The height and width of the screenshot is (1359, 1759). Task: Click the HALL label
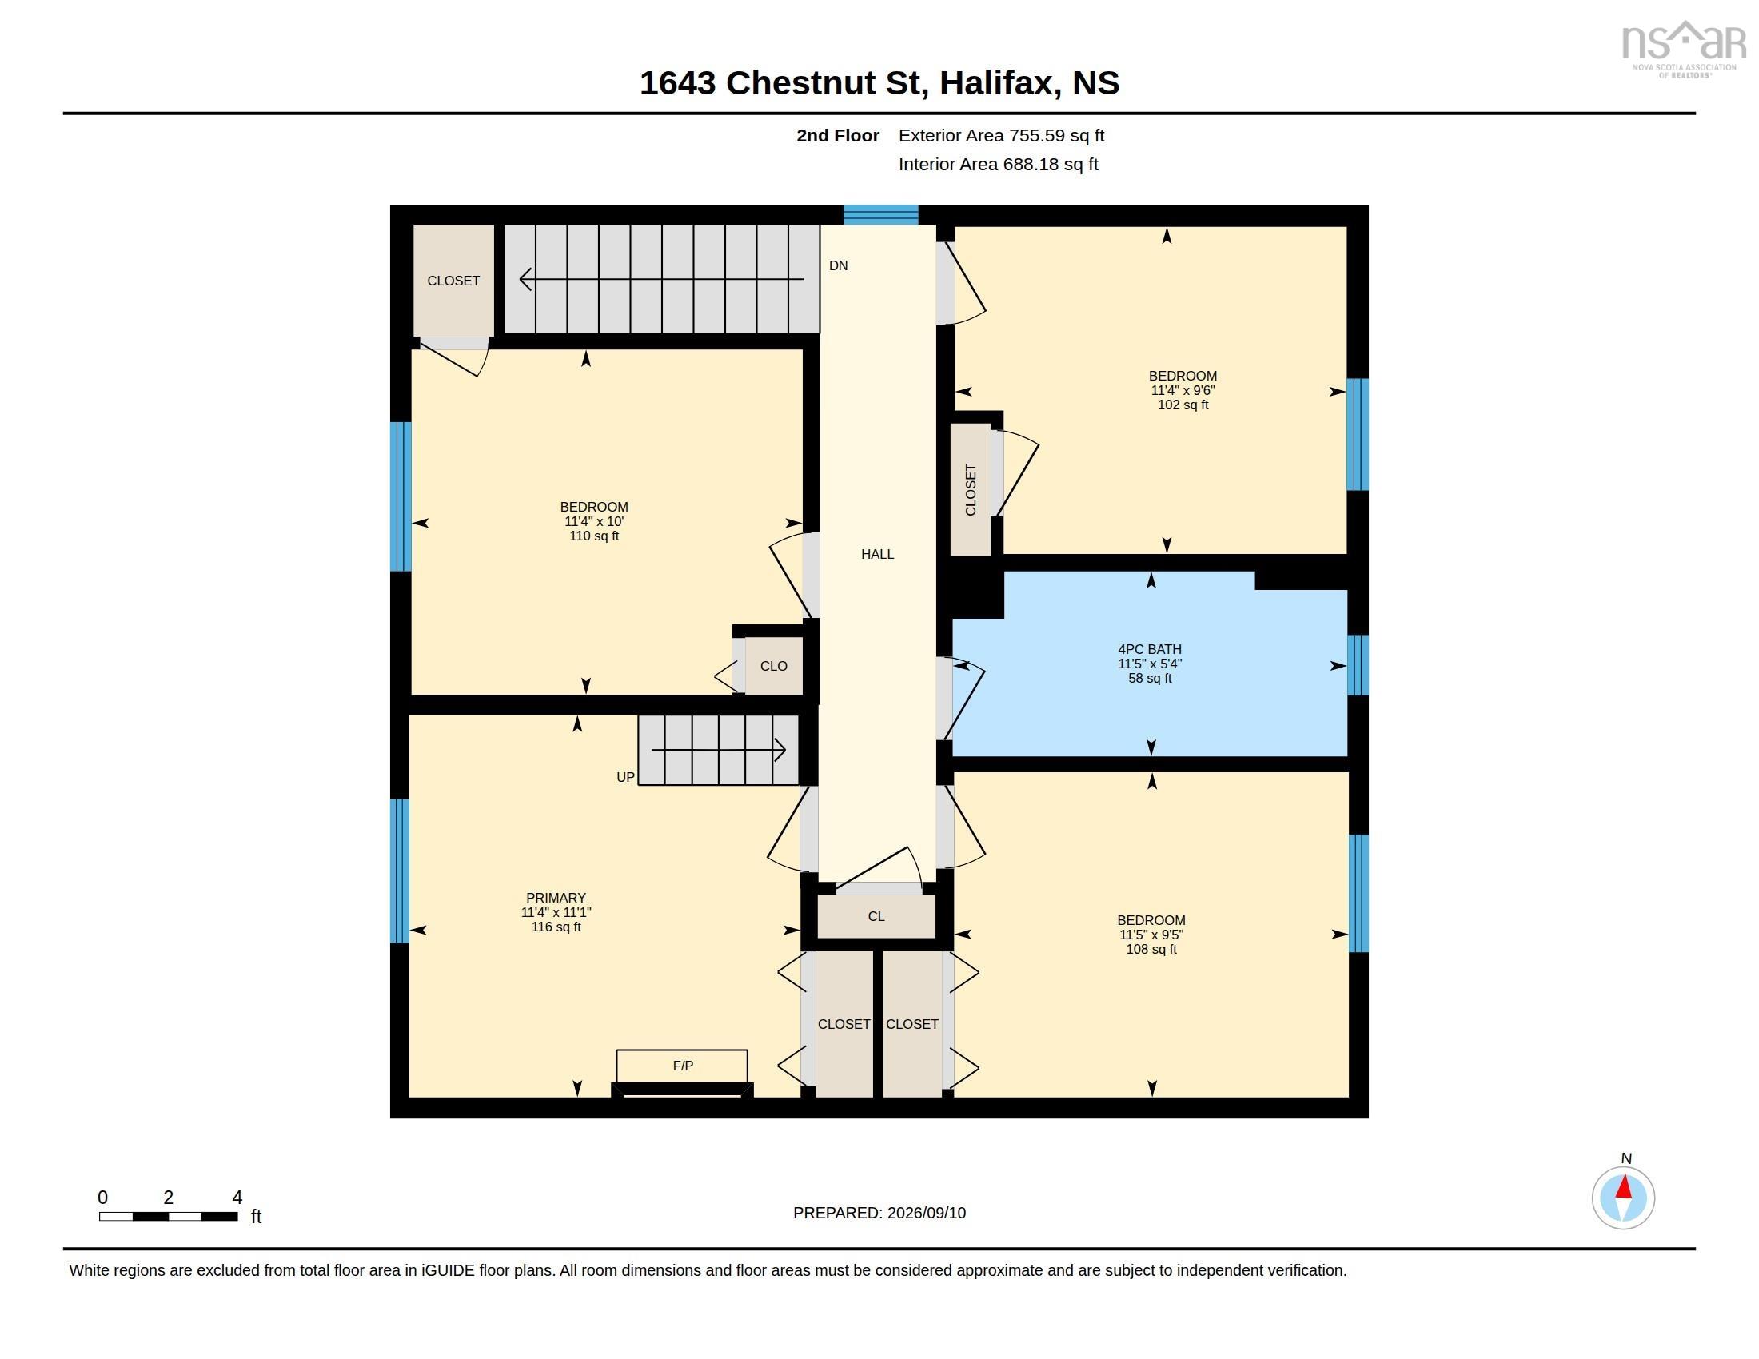click(x=877, y=554)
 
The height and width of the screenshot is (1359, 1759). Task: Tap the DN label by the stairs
click(x=839, y=265)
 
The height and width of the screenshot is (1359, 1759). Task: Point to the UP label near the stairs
click(x=626, y=777)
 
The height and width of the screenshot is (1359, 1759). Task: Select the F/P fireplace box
click(x=682, y=1066)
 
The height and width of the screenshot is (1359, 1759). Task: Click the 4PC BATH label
click(x=1149, y=649)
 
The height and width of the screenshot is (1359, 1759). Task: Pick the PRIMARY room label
click(x=556, y=898)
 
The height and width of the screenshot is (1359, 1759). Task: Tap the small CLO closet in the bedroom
click(x=773, y=666)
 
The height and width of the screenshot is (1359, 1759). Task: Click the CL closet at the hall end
click(x=876, y=916)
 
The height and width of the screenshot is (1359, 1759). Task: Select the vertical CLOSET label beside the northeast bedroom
click(x=971, y=489)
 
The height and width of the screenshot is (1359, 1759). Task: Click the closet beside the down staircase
click(x=453, y=280)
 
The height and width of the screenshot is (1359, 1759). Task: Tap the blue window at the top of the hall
click(x=881, y=214)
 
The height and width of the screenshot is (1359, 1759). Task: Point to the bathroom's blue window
click(x=1358, y=665)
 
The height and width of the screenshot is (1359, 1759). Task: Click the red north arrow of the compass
click(x=1625, y=1186)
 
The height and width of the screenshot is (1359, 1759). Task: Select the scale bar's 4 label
click(x=237, y=1198)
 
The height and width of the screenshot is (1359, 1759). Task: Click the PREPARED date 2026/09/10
click(x=926, y=1214)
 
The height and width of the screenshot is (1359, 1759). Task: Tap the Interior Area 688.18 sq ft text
click(x=998, y=164)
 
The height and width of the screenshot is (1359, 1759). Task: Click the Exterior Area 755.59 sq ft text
click(x=1001, y=135)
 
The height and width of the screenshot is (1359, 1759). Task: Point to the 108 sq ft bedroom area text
click(x=1151, y=949)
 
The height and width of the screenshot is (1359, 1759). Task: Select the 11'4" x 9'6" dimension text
click(x=1183, y=390)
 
